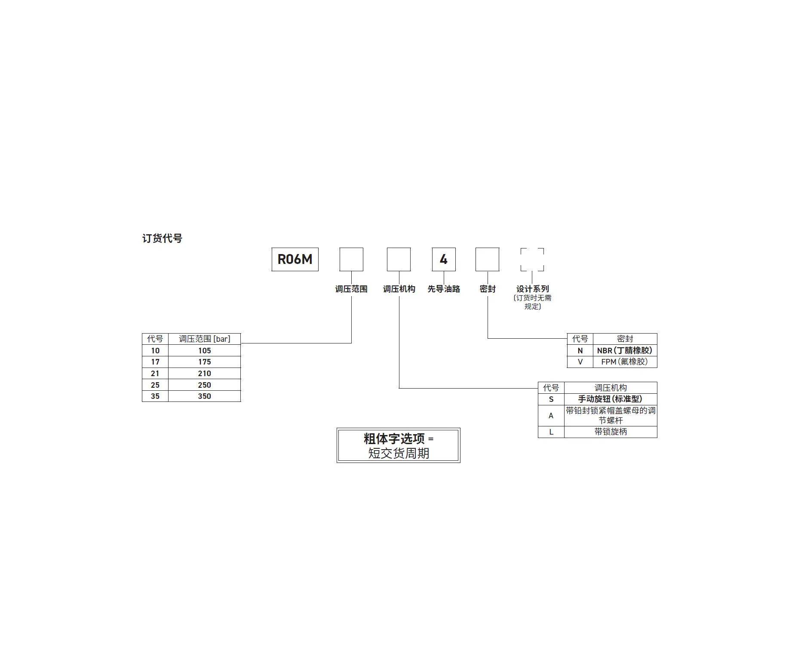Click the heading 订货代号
(162, 238)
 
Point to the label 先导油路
(444, 289)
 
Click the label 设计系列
(533, 289)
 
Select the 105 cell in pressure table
(204, 350)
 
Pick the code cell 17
(155, 362)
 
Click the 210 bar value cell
(204, 374)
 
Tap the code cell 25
(155, 385)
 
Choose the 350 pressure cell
(204, 396)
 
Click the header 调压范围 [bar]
(204, 339)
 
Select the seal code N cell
(580, 350)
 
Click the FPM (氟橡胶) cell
(625, 362)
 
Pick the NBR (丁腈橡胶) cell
(625, 350)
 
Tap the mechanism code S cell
(551, 399)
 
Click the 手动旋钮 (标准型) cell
(611, 399)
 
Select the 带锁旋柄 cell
(611, 432)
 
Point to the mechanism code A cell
(551, 415)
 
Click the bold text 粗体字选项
(394, 438)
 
